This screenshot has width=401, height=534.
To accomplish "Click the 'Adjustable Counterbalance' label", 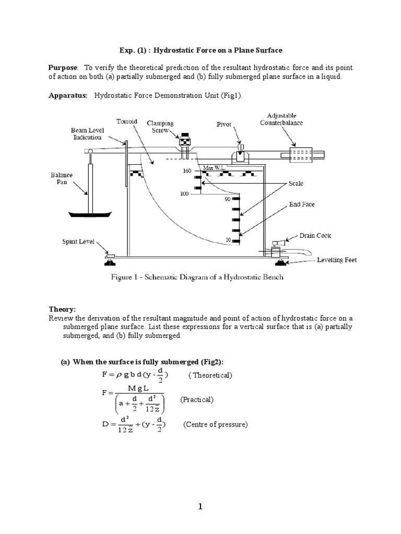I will coord(281,119).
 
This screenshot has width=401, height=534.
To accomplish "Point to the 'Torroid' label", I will coord(127,121).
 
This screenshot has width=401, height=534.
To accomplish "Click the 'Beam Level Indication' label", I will coord(86,133).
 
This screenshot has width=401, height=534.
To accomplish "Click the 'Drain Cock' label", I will coord(315,236).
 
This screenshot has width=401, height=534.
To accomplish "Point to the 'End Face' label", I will coord(302,204).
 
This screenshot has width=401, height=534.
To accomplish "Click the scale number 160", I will coord(187,171).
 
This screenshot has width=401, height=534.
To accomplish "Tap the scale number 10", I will coord(228,239).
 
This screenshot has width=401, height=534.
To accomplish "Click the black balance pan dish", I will coord(90,214).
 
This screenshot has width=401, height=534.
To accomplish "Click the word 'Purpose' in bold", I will coord(63,68).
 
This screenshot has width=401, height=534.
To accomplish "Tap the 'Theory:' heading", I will coord(62,309).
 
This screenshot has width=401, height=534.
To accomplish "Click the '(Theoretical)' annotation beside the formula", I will coord(210,375).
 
